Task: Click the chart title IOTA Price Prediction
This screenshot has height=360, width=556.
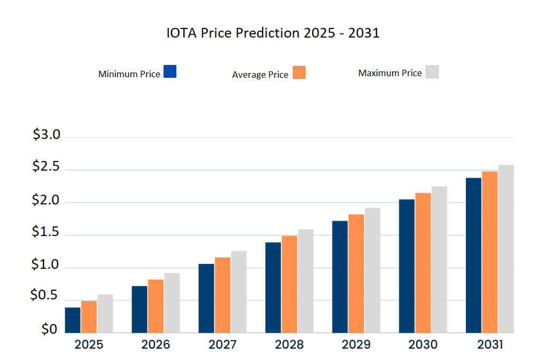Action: (x=273, y=33)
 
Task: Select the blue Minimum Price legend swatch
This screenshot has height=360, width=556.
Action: (x=170, y=71)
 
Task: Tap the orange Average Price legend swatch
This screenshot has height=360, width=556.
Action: (x=299, y=72)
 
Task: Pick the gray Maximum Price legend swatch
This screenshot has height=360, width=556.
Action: (x=432, y=72)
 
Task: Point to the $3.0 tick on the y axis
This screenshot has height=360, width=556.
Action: (x=47, y=135)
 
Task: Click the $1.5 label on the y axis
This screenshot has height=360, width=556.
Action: (x=47, y=232)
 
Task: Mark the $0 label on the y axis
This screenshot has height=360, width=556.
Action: (x=49, y=329)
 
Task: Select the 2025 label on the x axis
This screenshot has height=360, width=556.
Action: (x=89, y=344)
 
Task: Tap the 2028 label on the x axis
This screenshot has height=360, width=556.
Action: (x=290, y=344)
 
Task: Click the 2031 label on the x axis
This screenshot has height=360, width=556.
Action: (x=490, y=344)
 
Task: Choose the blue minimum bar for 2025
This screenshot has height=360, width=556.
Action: (x=73, y=320)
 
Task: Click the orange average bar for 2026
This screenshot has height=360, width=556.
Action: (x=156, y=306)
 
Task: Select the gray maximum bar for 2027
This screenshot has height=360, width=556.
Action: (x=239, y=291)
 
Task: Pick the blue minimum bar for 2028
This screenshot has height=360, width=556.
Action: (x=273, y=287)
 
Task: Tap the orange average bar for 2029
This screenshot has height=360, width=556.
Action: (x=356, y=273)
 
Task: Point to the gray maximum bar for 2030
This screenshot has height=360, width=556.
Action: (x=439, y=259)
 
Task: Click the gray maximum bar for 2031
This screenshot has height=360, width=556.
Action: (x=506, y=248)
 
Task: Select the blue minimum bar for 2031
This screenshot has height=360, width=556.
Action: (x=473, y=255)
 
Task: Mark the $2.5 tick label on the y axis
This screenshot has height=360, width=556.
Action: (x=47, y=167)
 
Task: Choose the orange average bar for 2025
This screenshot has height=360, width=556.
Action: (x=89, y=317)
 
